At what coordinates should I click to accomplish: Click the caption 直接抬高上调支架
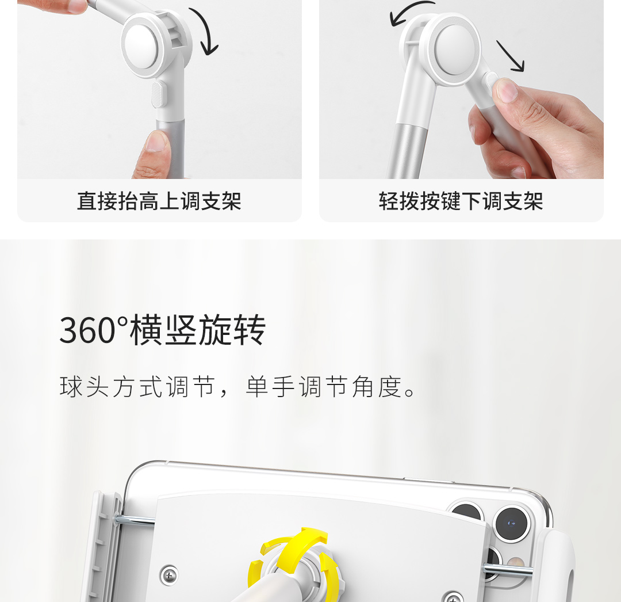coord(159,201)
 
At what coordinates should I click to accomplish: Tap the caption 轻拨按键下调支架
coord(461,201)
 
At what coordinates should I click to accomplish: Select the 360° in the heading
coord(94,330)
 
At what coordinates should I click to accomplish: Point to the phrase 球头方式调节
coord(137,387)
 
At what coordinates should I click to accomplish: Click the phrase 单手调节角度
coord(324,387)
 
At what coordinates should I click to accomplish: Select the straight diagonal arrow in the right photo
coord(510,56)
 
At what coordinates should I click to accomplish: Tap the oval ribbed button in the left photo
coord(157,95)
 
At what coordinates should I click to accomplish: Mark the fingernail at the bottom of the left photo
coord(157,142)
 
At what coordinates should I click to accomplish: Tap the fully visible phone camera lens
coord(511,524)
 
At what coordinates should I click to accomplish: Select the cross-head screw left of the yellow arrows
coord(169,574)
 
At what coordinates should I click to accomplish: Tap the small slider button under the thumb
coord(492,79)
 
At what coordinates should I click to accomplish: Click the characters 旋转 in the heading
coord(232,330)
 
